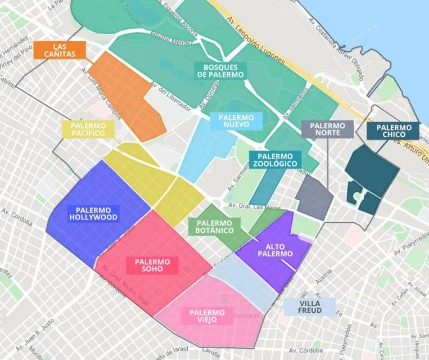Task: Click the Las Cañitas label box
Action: click(59, 50)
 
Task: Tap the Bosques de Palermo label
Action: click(220, 70)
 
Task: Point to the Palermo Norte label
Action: click(328, 129)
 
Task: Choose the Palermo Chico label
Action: click(393, 131)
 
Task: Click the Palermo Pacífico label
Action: click(88, 129)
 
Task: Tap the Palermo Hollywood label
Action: click(93, 213)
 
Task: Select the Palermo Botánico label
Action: click(214, 227)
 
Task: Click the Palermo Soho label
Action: click(152, 265)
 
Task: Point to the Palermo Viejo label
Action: click(207, 316)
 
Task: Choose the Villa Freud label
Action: click(310, 307)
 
